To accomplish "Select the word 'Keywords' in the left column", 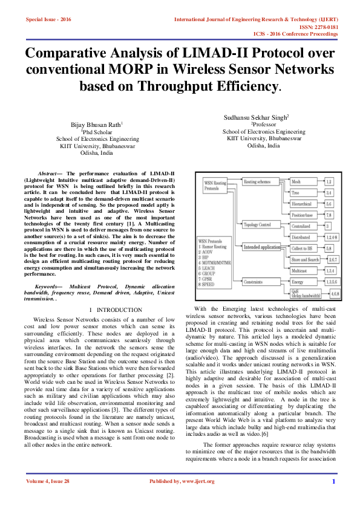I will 50,284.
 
